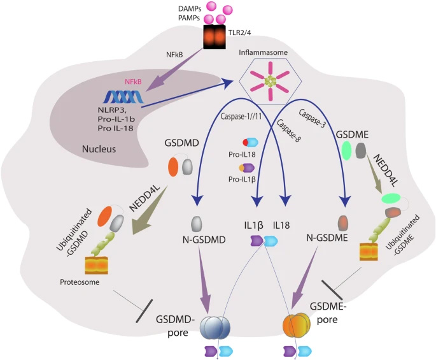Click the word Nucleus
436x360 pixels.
(102, 150)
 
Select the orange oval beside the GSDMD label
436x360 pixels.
(173, 168)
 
